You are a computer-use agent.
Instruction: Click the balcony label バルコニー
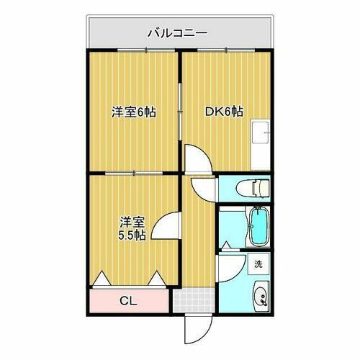coord(177,32)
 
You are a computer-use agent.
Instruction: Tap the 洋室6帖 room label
coord(134,112)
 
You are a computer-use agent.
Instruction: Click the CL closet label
coord(130,300)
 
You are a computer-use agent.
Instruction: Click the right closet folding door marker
coord(158,277)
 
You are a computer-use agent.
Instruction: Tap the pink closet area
coord(108,300)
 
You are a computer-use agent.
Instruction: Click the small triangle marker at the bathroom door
coord(227,244)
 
